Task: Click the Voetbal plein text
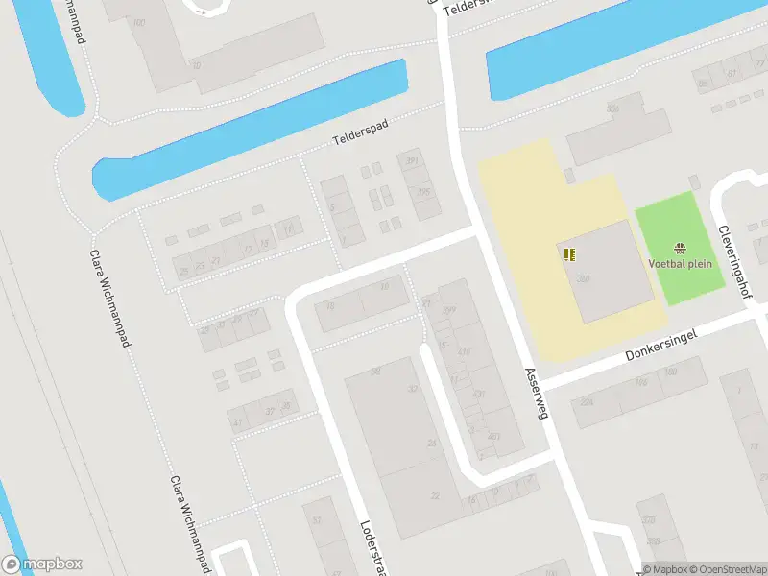pyautogui.click(x=681, y=264)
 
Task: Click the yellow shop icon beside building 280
pyautogui.click(x=569, y=254)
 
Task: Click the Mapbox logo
pyautogui.click(x=42, y=564)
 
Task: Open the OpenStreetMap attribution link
pyautogui.click(x=727, y=569)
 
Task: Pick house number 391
pyautogui.click(x=413, y=161)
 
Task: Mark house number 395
pyautogui.click(x=423, y=192)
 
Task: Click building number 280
pyautogui.click(x=584, y=278)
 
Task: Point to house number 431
pyautogui.click(x=478, y=395)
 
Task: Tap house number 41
pyautogui.click(x=237, y=421)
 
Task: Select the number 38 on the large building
pyautogui.click(x=375, y=372)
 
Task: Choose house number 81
pyautogui.click(x=732, y=74)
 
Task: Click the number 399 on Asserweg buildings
pyautogui.click(x=448, y=309)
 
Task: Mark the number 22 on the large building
pyautogui.click(x=435, y=495)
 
